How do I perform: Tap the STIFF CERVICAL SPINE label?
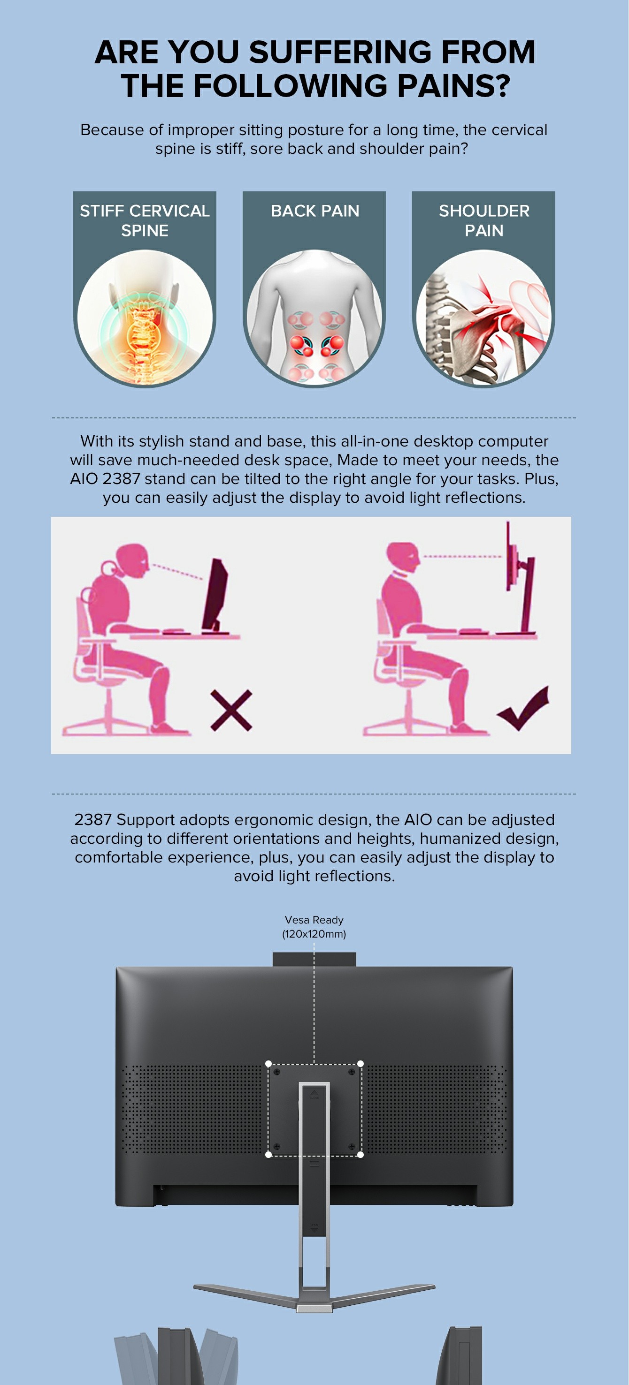tap(145, 220)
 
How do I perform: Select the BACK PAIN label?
tap(315, 211)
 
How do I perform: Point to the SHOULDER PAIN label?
tap(484, 220)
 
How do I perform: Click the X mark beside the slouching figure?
tap(231, 710)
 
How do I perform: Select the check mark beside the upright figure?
tap(523, 708)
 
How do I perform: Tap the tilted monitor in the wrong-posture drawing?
tap(216, 594)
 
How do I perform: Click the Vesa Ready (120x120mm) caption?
tap(314, 926)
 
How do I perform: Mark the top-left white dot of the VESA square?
tap(268, 1063)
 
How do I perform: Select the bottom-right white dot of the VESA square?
tap(360, 1154)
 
